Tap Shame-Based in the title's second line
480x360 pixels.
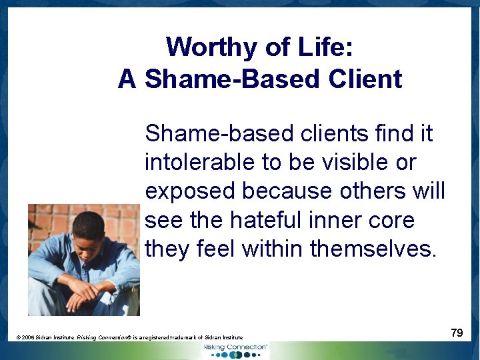pos(233,79)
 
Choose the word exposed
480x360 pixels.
pos(190,191)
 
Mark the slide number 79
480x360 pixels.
pos(457,333)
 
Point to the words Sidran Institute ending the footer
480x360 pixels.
pos(223,338)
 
